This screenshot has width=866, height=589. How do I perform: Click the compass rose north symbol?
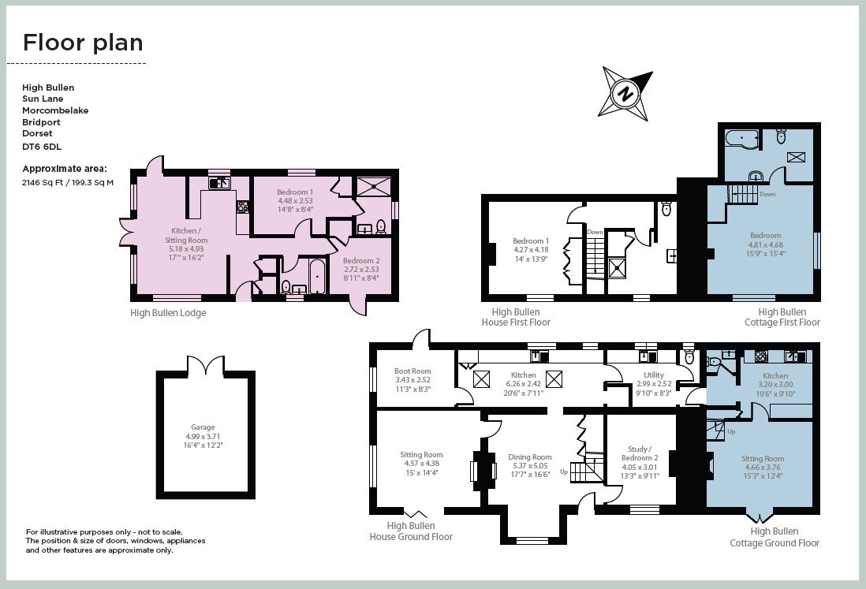coord(625,93)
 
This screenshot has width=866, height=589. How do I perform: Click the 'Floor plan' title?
coord(83,43)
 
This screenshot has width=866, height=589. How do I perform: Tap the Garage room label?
coord(203,427)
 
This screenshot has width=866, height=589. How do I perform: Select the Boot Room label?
coord(412,371)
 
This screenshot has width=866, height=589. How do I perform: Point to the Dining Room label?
coord(530,457)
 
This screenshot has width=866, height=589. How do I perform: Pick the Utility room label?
coord(654,375)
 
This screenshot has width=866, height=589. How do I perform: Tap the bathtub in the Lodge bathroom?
coord(317,277)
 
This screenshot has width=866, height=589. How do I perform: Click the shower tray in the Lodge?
coord(373,186)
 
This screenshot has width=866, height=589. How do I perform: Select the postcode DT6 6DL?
coord(42,147)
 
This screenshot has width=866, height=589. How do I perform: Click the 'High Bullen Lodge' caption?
coord(169,313)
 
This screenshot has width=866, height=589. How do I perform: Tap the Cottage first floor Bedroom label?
coord(766,236)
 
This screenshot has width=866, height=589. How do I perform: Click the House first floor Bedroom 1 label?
coord(531,241)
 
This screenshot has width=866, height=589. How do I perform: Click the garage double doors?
coord(206,366)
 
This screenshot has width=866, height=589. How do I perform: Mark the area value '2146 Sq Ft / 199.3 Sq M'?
coord(68,182)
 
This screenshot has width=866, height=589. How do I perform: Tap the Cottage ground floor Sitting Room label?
coord(763,459)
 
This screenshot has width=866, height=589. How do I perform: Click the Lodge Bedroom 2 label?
coord(361,261)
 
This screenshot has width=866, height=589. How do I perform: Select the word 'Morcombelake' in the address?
coord(55,110)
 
